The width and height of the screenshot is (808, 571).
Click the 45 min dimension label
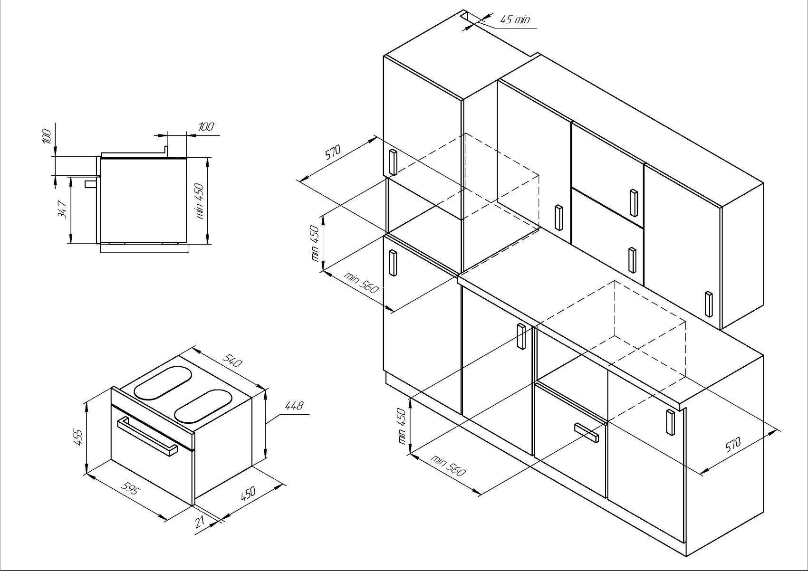(x=515, y=19)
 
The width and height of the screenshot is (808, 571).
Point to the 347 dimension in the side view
(x=62, y=209)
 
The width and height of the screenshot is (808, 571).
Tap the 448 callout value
(x=294, y=406)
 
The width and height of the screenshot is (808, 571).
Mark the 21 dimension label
(x=200, y=521)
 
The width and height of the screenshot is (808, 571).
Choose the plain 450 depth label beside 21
(x=248, y=493)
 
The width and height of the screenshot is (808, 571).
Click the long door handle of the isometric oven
(x=147, y=436)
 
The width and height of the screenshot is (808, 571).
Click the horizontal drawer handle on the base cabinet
(x=587, y=432)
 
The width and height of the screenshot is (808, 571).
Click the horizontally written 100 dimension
(x=206, y=127)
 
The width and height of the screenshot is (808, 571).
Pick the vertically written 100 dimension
(x=47, y=136)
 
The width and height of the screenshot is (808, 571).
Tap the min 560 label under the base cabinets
(x=448, y=466)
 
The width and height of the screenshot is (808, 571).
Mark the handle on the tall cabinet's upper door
(x=393, y=162)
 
